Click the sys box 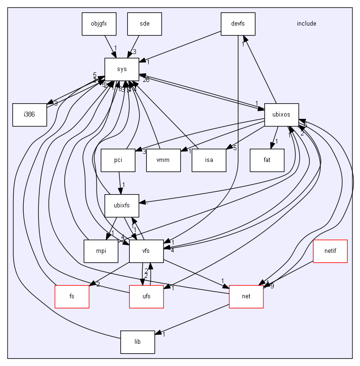click(122, 69)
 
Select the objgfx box click(99, 24)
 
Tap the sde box click(144, 24)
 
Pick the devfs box click(238, 24)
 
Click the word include click(306, 24)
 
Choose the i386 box click(29, 115)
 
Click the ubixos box click(281, 115)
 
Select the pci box click(118, 160)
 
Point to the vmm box click(163, 160)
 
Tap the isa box click(209, 160)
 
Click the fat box click(267, 160)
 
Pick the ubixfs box click(122, 205)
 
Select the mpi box click(100, 251)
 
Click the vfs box click(146, 251)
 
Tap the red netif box click(330, 251)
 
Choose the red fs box click(72, 296)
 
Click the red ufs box click(146, 296)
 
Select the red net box click(246, 296)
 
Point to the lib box click(137, 342)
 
